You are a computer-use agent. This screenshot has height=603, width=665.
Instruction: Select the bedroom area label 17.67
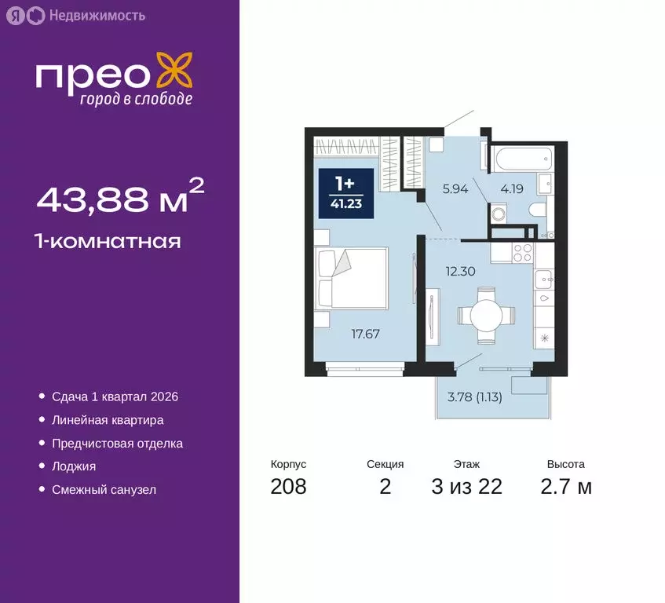pos(364,334)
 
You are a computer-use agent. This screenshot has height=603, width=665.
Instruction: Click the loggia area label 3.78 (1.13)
pos(474,397)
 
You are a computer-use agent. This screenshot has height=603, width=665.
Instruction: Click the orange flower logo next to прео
pos(174,71)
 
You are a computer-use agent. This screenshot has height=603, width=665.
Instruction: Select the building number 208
pos(288,487)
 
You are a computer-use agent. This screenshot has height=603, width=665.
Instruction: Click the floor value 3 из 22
pos(466,487)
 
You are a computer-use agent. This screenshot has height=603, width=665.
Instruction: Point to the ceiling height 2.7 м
pos(566,487)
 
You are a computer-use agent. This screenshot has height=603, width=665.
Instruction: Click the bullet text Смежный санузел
pos(104,489)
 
